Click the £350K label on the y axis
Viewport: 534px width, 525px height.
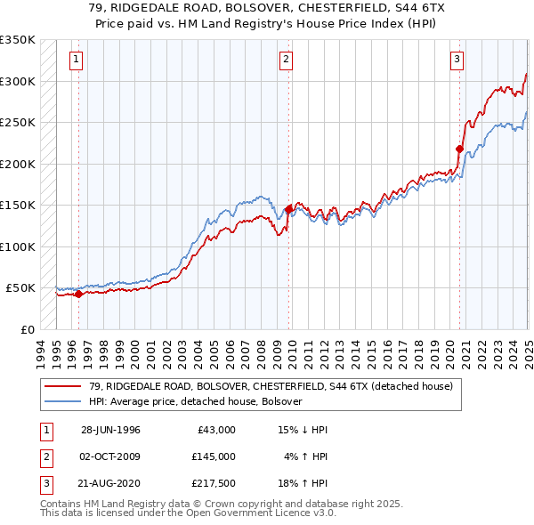click(17, 40)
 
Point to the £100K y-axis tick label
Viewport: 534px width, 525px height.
click(17, 246)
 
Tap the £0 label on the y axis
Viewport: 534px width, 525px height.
click(27, 329)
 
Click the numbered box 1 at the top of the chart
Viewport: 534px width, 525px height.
click(77, 61)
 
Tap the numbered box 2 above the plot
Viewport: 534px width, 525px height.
click(286, 61)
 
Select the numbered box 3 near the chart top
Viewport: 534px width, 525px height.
click(457, 61)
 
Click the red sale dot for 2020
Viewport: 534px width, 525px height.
click(460, 149)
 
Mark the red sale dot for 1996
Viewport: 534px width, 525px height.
click(78, 294)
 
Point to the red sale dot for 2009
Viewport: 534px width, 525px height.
click(289, 209)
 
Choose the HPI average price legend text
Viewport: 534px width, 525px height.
click(196, 401)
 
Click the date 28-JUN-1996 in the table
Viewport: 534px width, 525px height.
click(110, 430)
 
